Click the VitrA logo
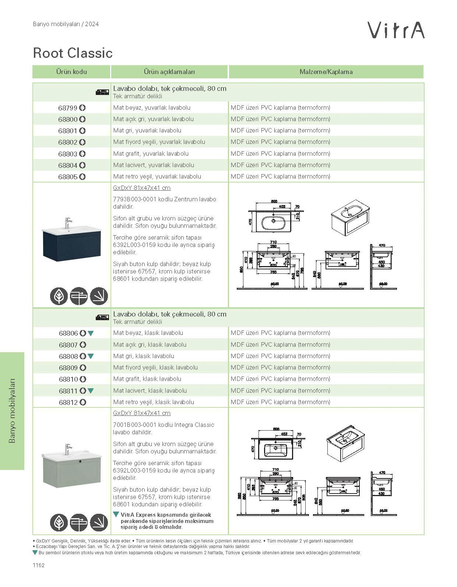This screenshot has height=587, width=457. pyautogui.click(x=397, y=30)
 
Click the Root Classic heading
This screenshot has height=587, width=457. pyautogui.click(x=73, y=53)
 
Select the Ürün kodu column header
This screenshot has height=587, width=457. pyautogui.click(x=71, y=72)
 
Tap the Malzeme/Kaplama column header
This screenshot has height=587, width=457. pyautogui.click(x=326, y=72)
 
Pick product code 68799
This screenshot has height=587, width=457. pyautogui.click(x=68, y=108)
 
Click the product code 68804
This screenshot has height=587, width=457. pyautogui.click(x=68, y=165)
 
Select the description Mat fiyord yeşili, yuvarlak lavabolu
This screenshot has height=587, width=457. pyautogui.click(x=159, y=142)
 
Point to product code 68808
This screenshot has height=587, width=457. pyautogui.click(x=68, y=356)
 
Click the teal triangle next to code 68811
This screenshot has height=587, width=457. pyautogui.click(x=91, y=391)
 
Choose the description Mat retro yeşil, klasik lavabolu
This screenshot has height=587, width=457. pyautogui.click(x=154, y=402)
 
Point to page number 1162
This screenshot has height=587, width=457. pyautogui.click(x=38, y=565)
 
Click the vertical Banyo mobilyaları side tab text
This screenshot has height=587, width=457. pyautogui.click(x=12, y=410)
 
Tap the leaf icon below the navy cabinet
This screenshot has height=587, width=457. pyautogui.click(x=59, y=296)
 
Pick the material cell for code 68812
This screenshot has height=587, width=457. pyautogui.click(x=280, y=402)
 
